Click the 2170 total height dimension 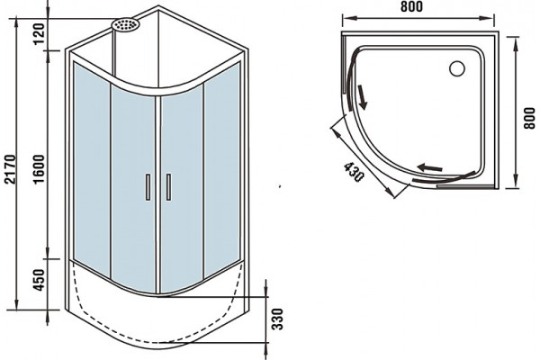(x=11, y=169)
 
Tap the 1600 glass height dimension (x=40, y=169)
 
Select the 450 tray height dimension (x=40, y=280)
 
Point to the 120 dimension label (x=40, y=33)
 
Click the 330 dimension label (x=277, y=319)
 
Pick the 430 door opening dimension (x=354, y=172)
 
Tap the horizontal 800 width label (x=411, y=6)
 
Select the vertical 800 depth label (x=530, y=118)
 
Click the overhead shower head (x=125, y=25)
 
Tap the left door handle (x=148, y=187)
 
